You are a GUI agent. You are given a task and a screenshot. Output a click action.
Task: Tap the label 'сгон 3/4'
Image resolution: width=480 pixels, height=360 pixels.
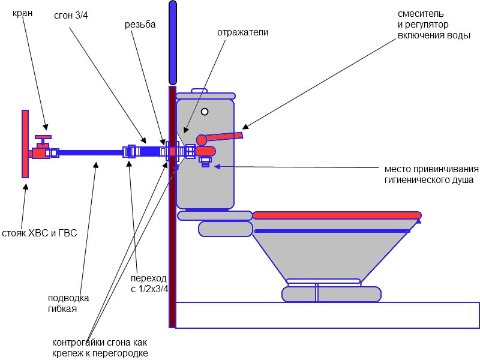[70, 16]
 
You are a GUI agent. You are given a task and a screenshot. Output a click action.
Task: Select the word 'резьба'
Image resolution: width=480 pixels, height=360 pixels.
[140, 25]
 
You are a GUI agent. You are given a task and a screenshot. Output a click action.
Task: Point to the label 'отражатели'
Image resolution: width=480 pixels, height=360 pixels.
[242, 32]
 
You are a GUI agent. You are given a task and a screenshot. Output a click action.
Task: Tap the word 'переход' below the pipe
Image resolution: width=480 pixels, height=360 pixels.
[148, 279]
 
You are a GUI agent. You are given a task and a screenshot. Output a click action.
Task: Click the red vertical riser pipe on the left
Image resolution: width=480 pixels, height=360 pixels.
[25, 144]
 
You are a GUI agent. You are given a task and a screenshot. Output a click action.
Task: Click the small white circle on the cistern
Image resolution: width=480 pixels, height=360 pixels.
[205, 112]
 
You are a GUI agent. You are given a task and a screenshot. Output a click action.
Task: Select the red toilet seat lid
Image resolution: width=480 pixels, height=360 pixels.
[336, 215]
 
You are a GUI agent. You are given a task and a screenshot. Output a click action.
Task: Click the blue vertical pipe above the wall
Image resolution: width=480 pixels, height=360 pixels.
[173, 42]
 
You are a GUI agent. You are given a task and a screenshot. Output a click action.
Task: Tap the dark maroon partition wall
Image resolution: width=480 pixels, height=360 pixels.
[172, 252]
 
